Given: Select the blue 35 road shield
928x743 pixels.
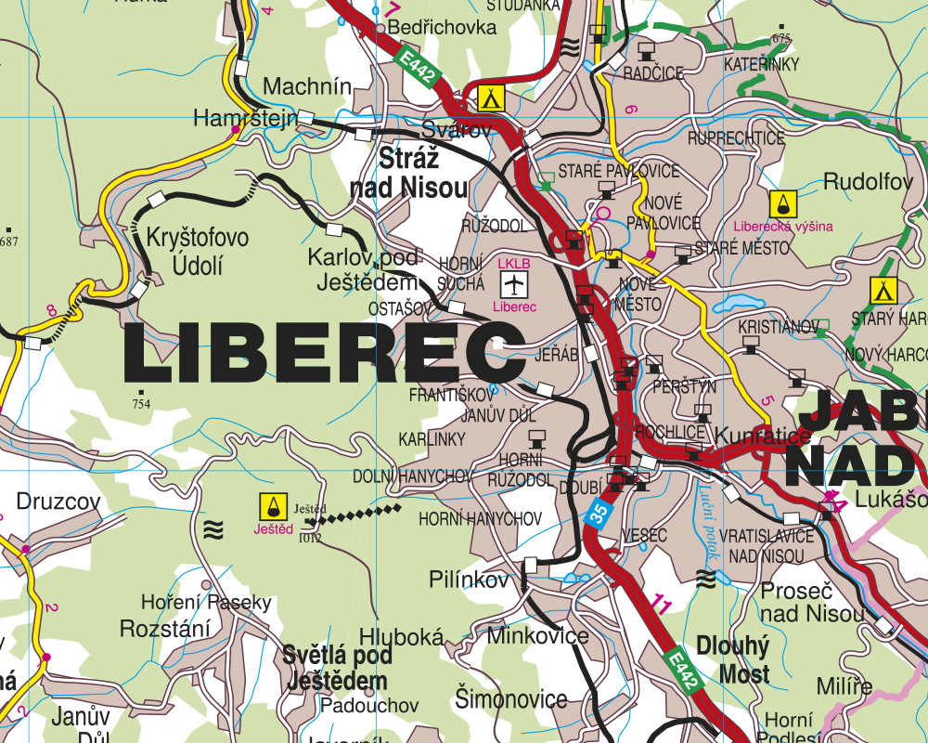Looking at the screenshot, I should coord(599,514).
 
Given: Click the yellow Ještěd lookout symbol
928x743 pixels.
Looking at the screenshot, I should coord(273,506).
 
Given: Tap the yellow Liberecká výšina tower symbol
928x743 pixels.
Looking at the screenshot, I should coord(782,203).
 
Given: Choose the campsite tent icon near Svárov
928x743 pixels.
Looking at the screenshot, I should coord(490,97).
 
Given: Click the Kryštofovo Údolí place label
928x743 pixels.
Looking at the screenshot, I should coord(197,252).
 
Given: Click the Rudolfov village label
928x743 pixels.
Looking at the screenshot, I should coord(868,181).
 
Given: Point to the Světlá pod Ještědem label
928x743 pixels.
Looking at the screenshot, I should coord(337,668).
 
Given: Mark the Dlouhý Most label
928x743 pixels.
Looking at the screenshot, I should coord(732,659).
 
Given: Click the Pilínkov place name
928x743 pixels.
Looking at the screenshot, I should coord(470,580).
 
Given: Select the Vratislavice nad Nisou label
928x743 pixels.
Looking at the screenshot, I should coord(767,546).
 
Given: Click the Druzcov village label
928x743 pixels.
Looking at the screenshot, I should coord(58,502).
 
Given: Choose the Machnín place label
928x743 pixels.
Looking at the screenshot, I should coord(307,86).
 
